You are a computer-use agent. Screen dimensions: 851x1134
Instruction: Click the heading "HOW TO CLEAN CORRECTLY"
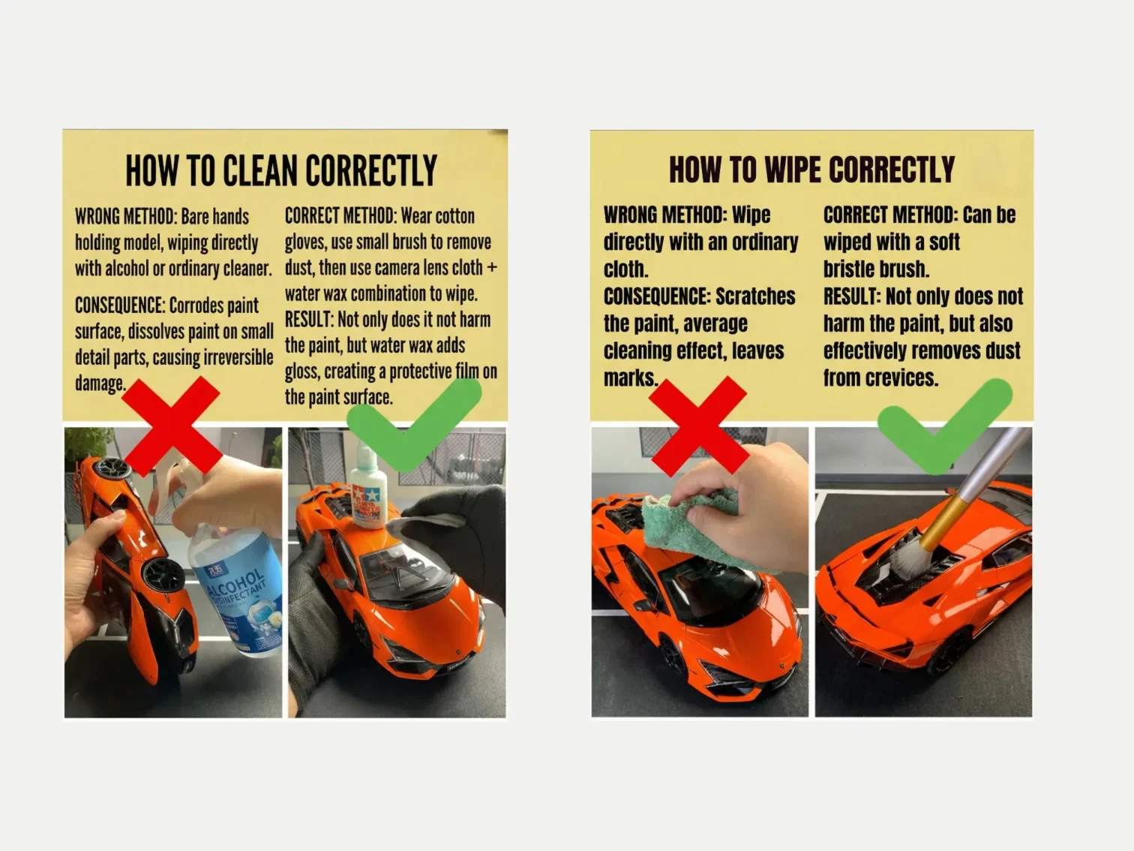pos(281,171)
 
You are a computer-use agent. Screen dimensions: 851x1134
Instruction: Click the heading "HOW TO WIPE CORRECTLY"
pos(811,170)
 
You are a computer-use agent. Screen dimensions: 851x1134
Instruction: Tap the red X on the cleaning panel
pos(171,425)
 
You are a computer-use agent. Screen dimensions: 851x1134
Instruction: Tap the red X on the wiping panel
pos(698,425)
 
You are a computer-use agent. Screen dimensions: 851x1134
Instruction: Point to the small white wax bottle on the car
pos(367,492)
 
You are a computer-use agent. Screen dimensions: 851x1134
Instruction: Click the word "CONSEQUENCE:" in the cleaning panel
pos(119,305)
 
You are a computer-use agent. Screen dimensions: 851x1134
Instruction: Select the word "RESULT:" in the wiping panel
pos(852,296)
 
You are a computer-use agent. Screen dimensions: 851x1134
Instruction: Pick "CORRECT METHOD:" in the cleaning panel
pos(340,216)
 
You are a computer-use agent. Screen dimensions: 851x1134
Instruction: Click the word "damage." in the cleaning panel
pos(100,383)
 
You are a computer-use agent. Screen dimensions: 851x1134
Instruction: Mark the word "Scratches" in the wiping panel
pos(755,296)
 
